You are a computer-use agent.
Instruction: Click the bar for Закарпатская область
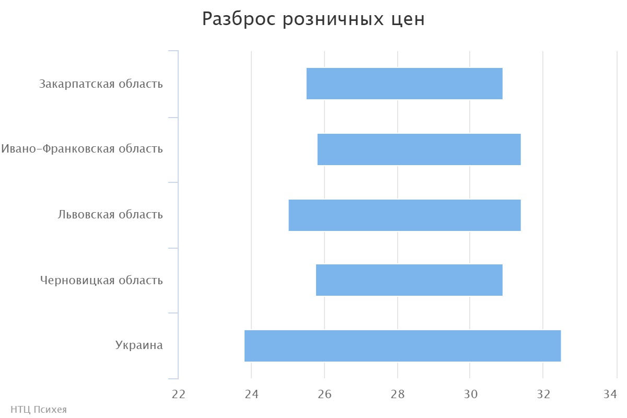404,84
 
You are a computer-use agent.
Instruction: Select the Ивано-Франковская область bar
419,149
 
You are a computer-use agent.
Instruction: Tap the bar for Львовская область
404,215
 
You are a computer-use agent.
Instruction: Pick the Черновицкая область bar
409,280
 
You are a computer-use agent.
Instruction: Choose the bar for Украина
402,346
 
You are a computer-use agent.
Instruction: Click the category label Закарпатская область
101,84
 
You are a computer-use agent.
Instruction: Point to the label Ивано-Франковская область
82,149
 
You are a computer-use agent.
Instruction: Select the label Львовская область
110,215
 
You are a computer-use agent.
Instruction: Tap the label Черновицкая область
101,281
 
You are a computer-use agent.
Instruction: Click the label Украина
139,345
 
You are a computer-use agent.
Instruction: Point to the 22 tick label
179,394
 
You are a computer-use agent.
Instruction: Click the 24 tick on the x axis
251,394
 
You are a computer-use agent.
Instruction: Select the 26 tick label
324,394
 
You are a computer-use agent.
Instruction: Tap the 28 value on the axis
398,394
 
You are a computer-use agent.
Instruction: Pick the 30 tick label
470,394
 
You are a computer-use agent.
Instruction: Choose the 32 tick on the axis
543,394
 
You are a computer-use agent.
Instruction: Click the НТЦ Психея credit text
39,410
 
